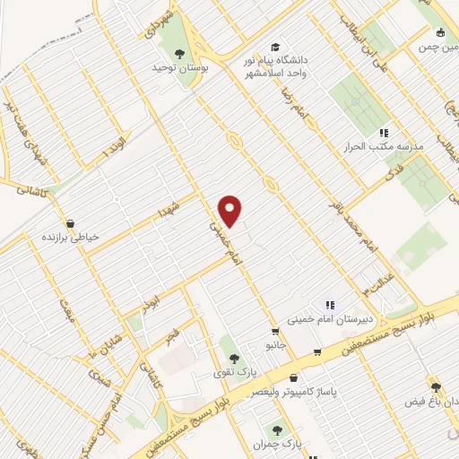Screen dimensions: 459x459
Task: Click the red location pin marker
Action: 230,210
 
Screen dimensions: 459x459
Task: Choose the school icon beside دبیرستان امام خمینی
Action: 329,305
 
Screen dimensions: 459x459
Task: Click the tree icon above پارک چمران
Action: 277,429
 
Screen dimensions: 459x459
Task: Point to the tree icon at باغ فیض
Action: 436,386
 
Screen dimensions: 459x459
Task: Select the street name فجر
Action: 171,336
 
